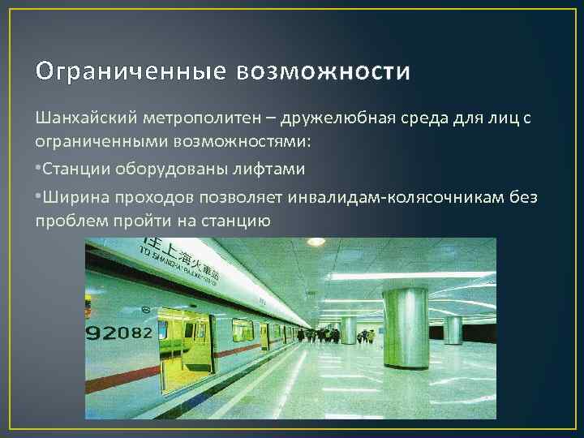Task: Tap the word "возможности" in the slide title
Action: (x=324, y=72)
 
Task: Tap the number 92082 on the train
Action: (x=118, y=332)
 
